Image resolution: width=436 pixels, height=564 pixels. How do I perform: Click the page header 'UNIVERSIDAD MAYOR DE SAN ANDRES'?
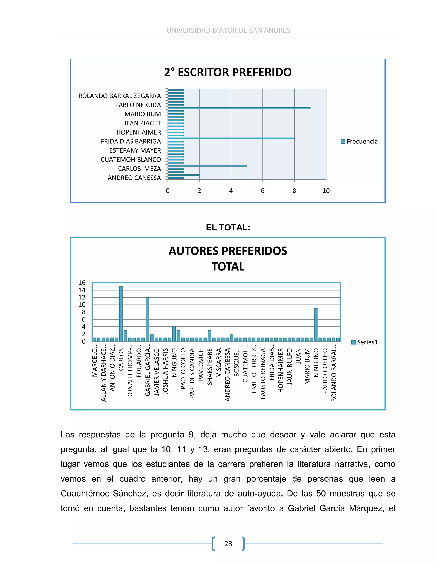pos(228,30)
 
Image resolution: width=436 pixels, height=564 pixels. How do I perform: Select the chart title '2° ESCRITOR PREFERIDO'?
pos(228,72)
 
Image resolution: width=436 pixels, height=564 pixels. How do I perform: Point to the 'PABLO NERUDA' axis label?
pos(138,105)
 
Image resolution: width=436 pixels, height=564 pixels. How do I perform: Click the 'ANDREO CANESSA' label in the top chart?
pos(134,178)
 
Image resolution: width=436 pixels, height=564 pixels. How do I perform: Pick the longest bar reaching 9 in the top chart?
pos(239,108)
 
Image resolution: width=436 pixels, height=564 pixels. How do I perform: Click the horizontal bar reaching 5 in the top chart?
pos(207,166)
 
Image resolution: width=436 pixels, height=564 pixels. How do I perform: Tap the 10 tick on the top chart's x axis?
pos(326,191)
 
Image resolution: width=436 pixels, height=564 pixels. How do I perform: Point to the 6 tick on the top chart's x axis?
pos(263,191)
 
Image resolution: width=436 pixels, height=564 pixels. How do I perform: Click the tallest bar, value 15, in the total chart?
pos(121,313)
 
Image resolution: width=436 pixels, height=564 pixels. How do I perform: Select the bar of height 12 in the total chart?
pos(148,319)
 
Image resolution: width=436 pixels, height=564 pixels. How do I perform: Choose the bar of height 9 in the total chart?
pos(316,325)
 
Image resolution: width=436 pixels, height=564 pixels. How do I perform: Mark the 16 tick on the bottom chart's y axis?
pos(82,283)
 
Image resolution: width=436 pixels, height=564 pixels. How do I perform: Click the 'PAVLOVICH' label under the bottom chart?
pos(201,365)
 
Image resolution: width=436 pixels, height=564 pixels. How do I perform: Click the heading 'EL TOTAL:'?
pos(228,228)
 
